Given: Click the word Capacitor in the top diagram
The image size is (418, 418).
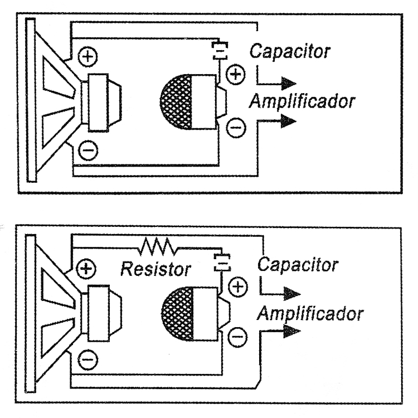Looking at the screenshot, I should [289, 52].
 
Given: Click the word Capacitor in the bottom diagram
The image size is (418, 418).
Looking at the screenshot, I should [297, 264].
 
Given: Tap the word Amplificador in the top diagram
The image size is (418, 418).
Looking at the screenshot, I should [302, 101].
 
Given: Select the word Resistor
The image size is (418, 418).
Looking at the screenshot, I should [156, 270].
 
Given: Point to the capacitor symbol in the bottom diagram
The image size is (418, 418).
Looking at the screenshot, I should [222, 261].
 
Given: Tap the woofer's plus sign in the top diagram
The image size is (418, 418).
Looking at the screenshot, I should [87, 56].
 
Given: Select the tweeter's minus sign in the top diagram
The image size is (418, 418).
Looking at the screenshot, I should [236, 129].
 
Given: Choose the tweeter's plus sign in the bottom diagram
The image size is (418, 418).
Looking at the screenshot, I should [238, 287].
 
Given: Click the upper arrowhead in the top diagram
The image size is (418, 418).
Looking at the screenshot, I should [288, 84].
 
